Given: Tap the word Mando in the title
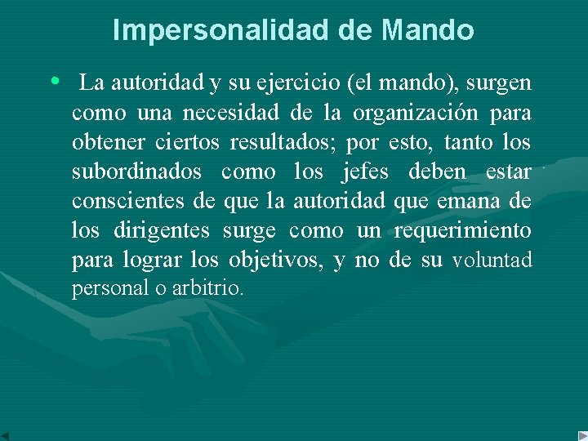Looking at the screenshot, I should click(x=427, y=30).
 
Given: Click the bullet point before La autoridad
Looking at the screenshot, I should click(x=55, y=82).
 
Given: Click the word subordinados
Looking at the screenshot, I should click(x=136, y=172).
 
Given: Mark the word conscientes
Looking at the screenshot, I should click(x=127, y=202).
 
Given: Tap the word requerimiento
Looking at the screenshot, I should click(x=462, y=231).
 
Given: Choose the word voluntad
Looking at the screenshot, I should click(x=492, y=261).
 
